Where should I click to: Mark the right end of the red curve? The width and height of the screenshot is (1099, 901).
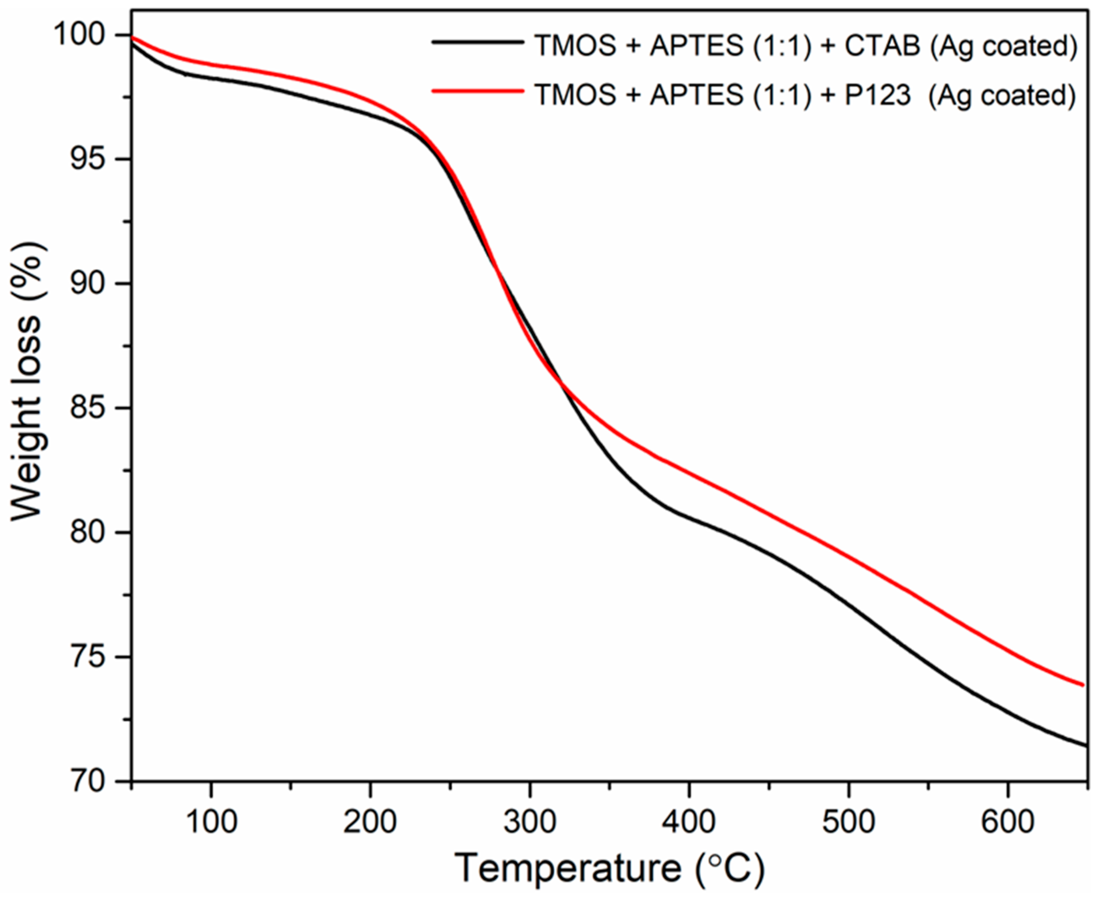point(1083,685)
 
